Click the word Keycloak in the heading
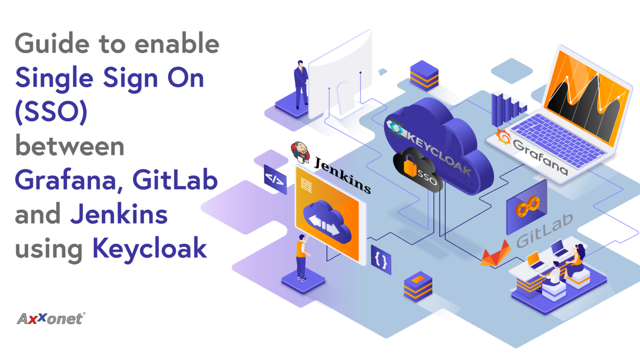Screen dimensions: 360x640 tap(150, 248)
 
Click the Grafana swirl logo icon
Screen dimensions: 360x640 tap(503, 137)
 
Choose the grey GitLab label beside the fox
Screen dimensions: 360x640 tap(544, 231)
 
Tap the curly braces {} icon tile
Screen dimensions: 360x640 tap(381, 260)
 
